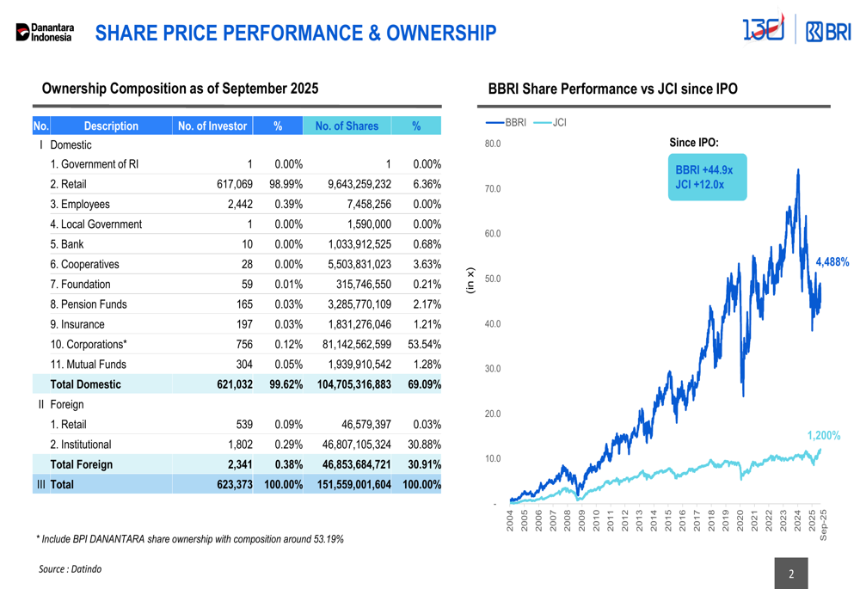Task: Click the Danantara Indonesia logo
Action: click(46, 33)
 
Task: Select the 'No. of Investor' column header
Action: click(212, 126)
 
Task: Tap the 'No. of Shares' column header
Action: click(347, 126)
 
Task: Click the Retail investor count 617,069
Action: click(234, 184)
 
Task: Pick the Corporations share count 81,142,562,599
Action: click(359, 344)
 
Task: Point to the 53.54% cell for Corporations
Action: click(424, 344)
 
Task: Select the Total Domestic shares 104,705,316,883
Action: click(354, 384)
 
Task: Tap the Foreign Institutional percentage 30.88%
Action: click(424, 445)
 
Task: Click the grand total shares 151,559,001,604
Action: click(354, 484)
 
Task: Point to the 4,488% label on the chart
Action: click(832, 262)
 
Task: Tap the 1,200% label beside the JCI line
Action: click(823, 436)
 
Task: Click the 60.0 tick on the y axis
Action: click(492, 234)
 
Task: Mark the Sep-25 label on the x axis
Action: click(823, 525)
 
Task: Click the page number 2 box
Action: click(791, 574)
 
